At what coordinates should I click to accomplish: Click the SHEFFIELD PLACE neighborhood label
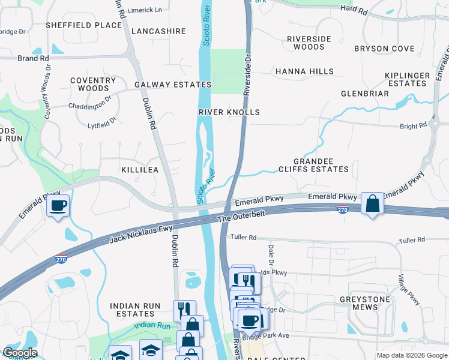click(x=84, y=25)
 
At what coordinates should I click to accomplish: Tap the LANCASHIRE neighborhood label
click(x=158, y=31)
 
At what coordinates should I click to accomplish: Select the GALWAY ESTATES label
click(x=173, y=85)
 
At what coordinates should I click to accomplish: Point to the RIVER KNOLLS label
click(x=229, y=112)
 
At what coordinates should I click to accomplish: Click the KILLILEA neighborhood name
click(x=140, y=170)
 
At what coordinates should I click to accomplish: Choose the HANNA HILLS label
click(x=304, y=71)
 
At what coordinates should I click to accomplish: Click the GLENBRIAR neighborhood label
click(x=365, y=94)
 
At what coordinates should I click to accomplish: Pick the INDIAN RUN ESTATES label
click(x=135, y=310)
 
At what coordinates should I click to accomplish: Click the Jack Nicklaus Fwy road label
click(x=141, y=233)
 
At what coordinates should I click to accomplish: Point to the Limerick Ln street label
click(x=146, y=10)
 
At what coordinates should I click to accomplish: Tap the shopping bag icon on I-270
click(x=372, y=204)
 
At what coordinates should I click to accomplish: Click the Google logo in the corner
click(x=20, y=353)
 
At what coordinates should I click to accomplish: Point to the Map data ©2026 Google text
click(x=411, y=355)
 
